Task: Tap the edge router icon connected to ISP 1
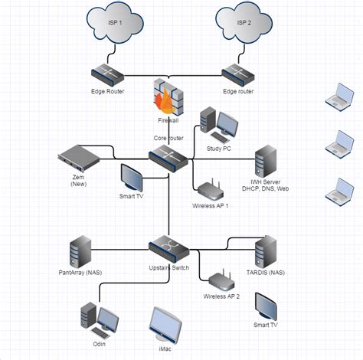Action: coord(108,74)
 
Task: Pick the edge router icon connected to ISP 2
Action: coord(239,74)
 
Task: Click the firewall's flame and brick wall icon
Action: coord(168,96)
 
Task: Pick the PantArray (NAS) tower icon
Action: coord(80,250)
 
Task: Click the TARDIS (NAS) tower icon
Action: coord(266,250)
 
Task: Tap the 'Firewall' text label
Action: coord(168,121)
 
